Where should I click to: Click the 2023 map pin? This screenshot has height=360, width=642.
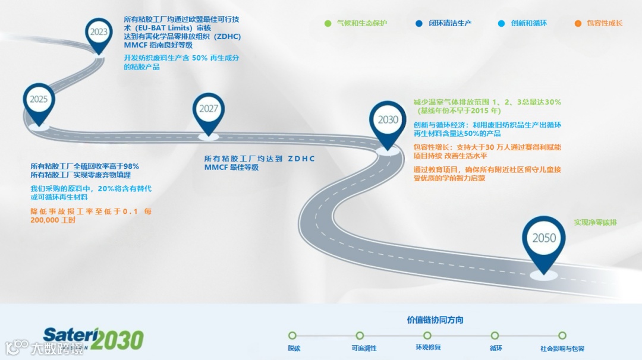[99, 33]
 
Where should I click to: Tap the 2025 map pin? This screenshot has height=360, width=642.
[39, 100]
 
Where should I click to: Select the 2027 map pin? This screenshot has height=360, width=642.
[209, 109]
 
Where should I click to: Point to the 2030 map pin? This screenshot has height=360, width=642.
[388, 121]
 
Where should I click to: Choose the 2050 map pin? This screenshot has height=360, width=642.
[543, 239]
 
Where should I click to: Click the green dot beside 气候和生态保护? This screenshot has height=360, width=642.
[328, 24]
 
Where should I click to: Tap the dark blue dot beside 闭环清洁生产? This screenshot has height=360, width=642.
[419, 24]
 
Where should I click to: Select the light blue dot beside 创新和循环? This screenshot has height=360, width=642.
[502, 24]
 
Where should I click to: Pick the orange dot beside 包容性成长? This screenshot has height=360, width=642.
[578, 24]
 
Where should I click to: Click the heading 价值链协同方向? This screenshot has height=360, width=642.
[435, 320]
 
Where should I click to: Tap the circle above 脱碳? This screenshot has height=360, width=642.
[292, 336]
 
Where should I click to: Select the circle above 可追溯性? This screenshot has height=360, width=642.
[360, 336]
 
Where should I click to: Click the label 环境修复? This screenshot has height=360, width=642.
[428, 348]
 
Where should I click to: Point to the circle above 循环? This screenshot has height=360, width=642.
[495, 336]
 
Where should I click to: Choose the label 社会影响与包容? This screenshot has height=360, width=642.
[562, 349]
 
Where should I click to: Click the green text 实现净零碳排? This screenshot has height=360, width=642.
[595, 223]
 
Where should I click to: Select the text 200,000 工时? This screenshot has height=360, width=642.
[53, 220]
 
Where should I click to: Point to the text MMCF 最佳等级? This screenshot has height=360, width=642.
[231, 168]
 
